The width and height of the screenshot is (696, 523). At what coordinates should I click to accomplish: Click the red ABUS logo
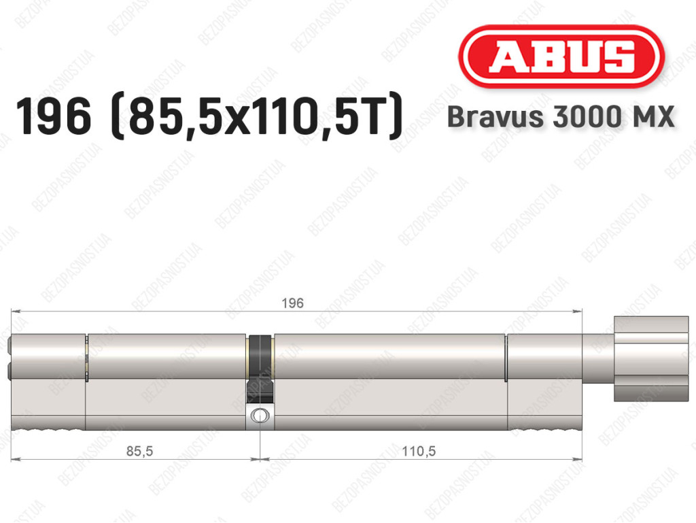(x=561, y=57)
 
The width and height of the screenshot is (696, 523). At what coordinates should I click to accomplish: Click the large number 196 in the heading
(x=53, y=117)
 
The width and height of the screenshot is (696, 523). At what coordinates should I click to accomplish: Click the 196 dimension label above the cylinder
(x=292, y=303)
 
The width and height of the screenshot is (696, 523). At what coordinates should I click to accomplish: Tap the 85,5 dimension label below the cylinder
(x=139, y=451)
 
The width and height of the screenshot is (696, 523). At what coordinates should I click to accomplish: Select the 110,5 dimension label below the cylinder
(x=419, y=451)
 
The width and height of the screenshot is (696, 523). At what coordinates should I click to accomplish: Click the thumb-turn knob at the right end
(x=651, y=358)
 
